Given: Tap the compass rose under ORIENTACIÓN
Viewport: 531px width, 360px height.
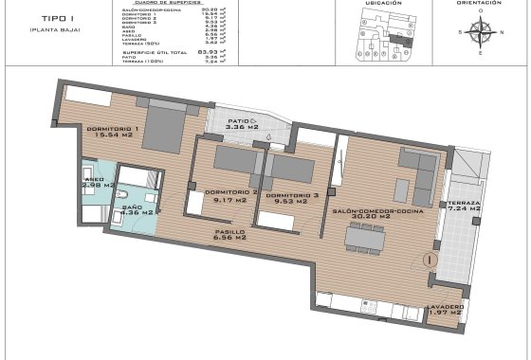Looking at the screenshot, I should (480, 36).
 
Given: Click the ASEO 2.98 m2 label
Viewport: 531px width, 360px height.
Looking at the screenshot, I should (94, 182).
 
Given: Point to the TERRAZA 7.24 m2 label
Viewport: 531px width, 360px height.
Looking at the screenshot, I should (465, 208).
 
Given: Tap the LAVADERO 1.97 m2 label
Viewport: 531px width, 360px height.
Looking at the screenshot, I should (445, 312).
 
